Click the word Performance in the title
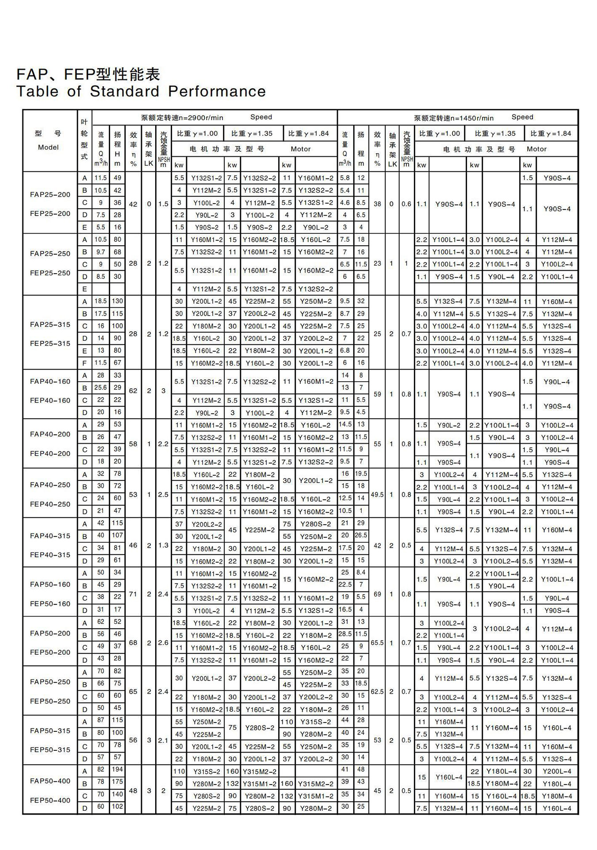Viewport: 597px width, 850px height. click(x=217, y=91)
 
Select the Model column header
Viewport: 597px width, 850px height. click(x=48, y=147)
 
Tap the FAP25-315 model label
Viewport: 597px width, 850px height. click(x=50, y=324)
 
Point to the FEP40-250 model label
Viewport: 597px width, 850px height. click(x=50, y=504)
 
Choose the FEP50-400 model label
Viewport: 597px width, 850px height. click(x=50, y=800)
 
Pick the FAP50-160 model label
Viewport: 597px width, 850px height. click(x=50, y=584)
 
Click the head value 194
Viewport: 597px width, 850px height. click(x=117, y=769)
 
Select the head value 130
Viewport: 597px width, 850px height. click(x=117, y=301)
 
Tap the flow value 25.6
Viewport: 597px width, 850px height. click(x=100, y=387)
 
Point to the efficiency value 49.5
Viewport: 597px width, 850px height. click(x=377, y=495)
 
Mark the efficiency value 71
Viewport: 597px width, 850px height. click(x=133, y=594)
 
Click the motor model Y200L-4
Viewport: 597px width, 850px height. click(x=557, y=771)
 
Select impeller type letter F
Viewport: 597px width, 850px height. click(x=84, y=363)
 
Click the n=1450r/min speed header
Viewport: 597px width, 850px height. click(x=454, y=118)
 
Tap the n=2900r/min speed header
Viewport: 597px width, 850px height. click(x=182, y=118)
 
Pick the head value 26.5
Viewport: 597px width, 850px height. click(x=361, y=535)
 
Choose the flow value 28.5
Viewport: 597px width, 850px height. click(x=345, y=634)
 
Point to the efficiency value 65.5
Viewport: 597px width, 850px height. click(x=377, y=642)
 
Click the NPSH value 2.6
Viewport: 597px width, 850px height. click(x=163, y=642)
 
